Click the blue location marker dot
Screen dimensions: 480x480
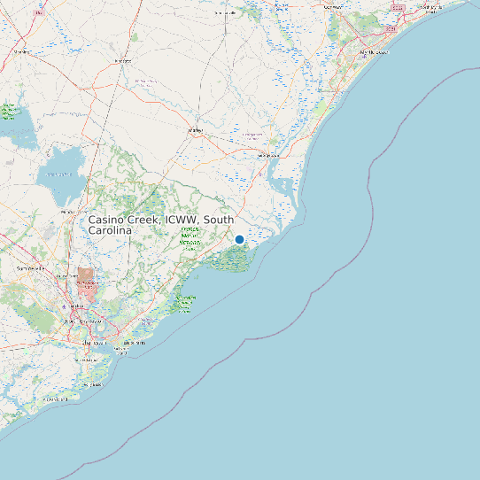pyautogui.click(x=239, y=239)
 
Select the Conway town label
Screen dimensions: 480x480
pyautogui.click(x=334, y=7)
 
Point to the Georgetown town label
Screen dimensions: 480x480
pyautogui.click(x=267, y=155)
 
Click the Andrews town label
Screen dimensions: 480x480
pyautogui.click(x=196, y=130)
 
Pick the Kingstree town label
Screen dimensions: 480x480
pyautogui.click(x=123, y=60)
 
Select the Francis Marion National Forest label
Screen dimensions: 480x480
pyautogui.click(x=190, y=237)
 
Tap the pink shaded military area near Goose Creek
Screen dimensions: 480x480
pyautogui.click(x=85, y=281)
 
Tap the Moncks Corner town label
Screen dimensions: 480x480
pyautogui.click(x=67, y=213)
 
